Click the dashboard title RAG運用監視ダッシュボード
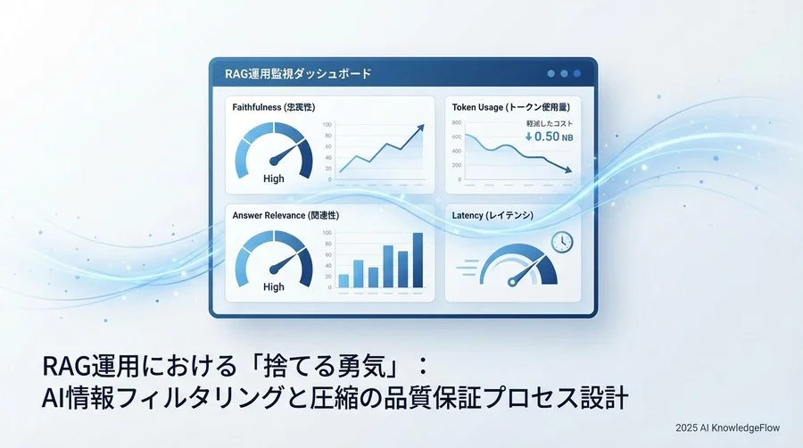[298, 73]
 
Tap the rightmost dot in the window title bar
[578, 73]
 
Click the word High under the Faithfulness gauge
[274, 178]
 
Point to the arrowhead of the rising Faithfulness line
[420, 129]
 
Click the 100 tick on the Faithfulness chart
[327, 125]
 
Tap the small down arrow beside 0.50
[528, 137]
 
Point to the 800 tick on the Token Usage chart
[457, 123]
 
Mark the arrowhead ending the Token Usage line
[567, 170]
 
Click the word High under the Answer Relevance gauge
[274, 286]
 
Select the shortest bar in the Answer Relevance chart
[344, 280]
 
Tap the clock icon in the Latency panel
[562, 242]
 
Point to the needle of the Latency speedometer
[523, 271]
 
